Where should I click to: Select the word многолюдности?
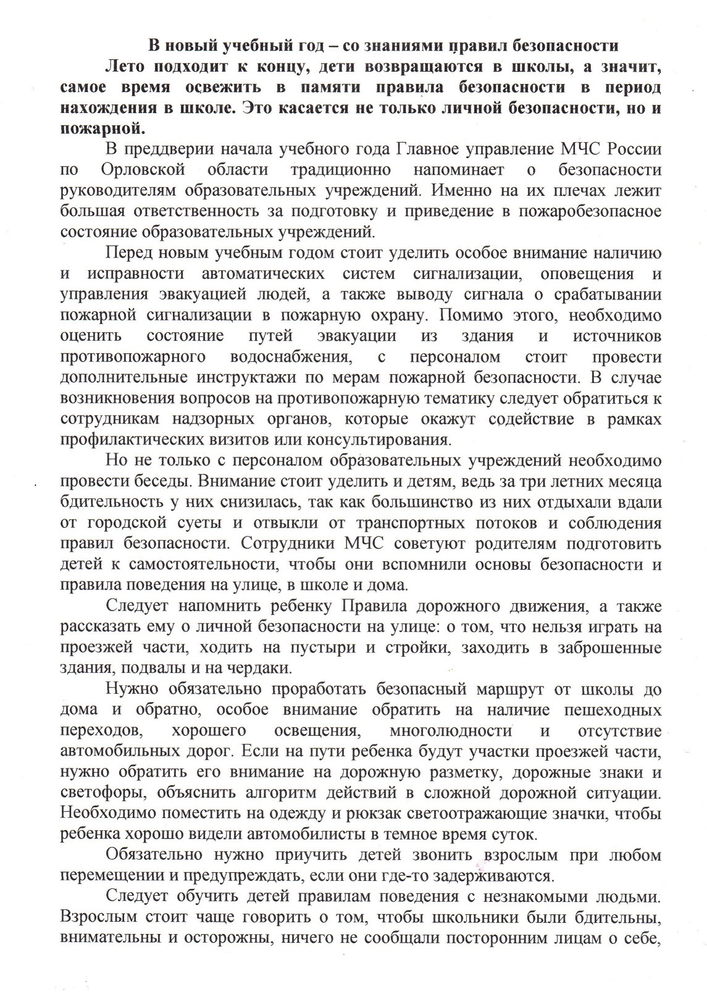click(451, 732)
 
